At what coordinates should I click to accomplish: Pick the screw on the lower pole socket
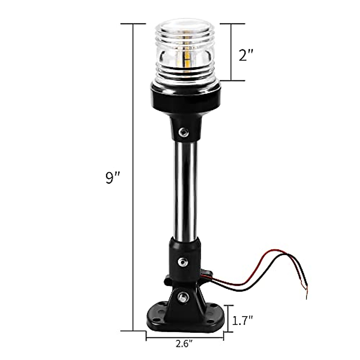(x=181, y=262)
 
